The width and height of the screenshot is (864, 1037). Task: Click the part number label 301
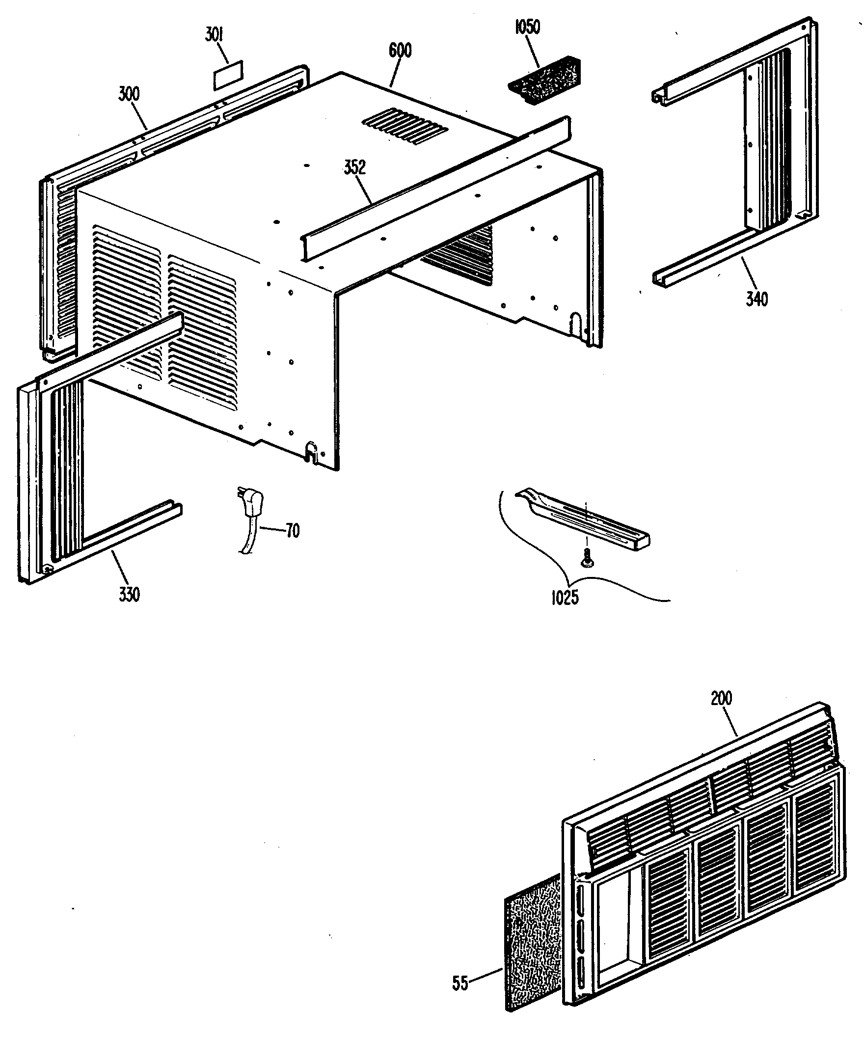click(x=214, y=36)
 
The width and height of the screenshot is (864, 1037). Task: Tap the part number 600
click(x=400, y=51)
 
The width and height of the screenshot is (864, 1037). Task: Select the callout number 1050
click(x=527, y=27)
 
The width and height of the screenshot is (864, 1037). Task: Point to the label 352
click(x=354, y=167)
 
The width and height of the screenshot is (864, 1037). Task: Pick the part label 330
click(x=129, y=594)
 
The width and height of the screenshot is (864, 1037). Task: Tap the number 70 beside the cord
click(x=292, y=531)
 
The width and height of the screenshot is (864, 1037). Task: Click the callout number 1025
click(x=565, y=598)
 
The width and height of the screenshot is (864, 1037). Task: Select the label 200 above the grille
click(x=721, y=698)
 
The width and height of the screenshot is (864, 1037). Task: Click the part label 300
click(x=129, y=93)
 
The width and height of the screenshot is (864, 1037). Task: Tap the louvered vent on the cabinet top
click(x=405, y=126)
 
